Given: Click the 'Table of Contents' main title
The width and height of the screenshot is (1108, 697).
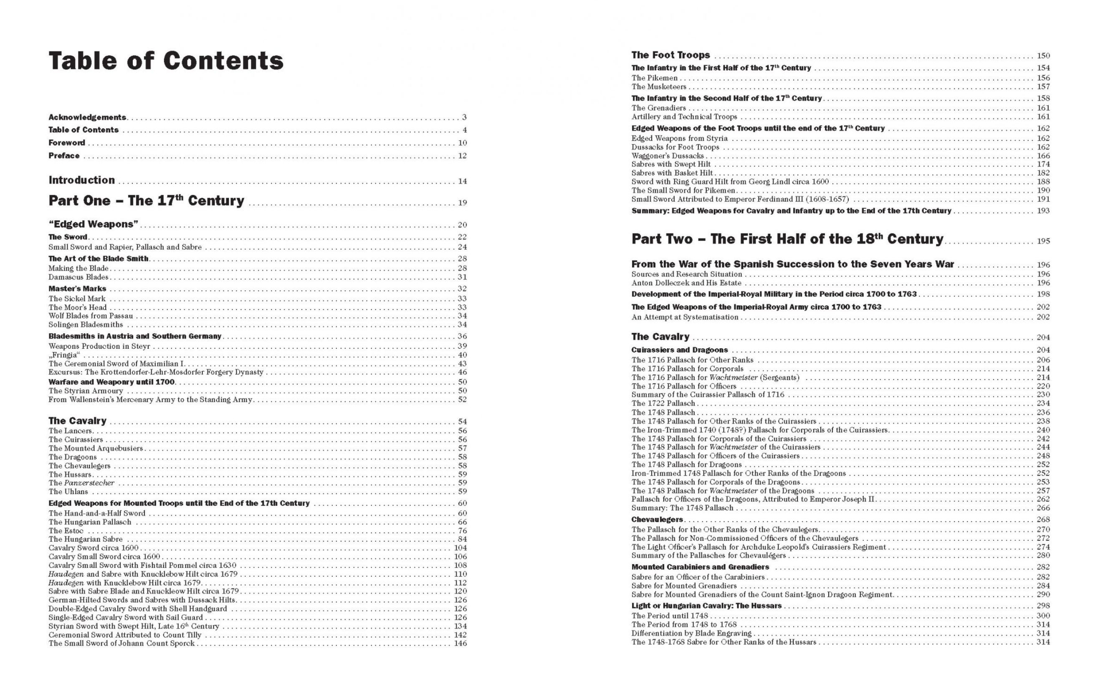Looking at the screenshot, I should click(166, 61).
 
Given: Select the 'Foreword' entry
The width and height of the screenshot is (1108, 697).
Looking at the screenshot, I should click(67, 143).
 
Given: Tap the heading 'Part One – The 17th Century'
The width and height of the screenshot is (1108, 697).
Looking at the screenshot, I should click(146, 201).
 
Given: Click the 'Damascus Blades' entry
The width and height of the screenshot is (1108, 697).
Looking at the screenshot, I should click(78, 277).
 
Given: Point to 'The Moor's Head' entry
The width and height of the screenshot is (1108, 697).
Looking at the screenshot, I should click(77, 307).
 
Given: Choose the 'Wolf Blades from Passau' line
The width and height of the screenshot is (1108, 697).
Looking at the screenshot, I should click(91, 316).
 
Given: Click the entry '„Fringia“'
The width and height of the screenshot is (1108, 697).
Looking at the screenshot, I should click(64, 355).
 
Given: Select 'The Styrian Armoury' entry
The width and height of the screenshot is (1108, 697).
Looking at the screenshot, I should click(86, 391).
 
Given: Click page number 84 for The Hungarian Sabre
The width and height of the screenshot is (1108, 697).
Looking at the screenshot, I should click(462, 540).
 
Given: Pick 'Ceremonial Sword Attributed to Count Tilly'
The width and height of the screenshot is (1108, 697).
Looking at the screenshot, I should click(125, 635).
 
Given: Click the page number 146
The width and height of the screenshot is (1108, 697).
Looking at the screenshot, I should click(460, 644).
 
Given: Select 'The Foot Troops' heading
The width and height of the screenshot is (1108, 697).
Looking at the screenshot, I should click(670, 55).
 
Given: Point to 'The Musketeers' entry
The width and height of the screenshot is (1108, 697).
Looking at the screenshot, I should click(658, 86).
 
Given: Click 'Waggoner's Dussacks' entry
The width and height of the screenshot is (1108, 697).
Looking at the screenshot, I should click(667, 156).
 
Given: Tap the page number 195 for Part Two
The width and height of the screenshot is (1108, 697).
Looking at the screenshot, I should click(1043, 241).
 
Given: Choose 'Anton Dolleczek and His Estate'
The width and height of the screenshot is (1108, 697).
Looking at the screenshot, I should click(686, 283).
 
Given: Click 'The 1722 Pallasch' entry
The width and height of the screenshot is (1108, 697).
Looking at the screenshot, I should click(663, 403).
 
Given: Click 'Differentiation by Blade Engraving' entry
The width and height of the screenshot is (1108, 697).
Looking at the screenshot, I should click(691, 634).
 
